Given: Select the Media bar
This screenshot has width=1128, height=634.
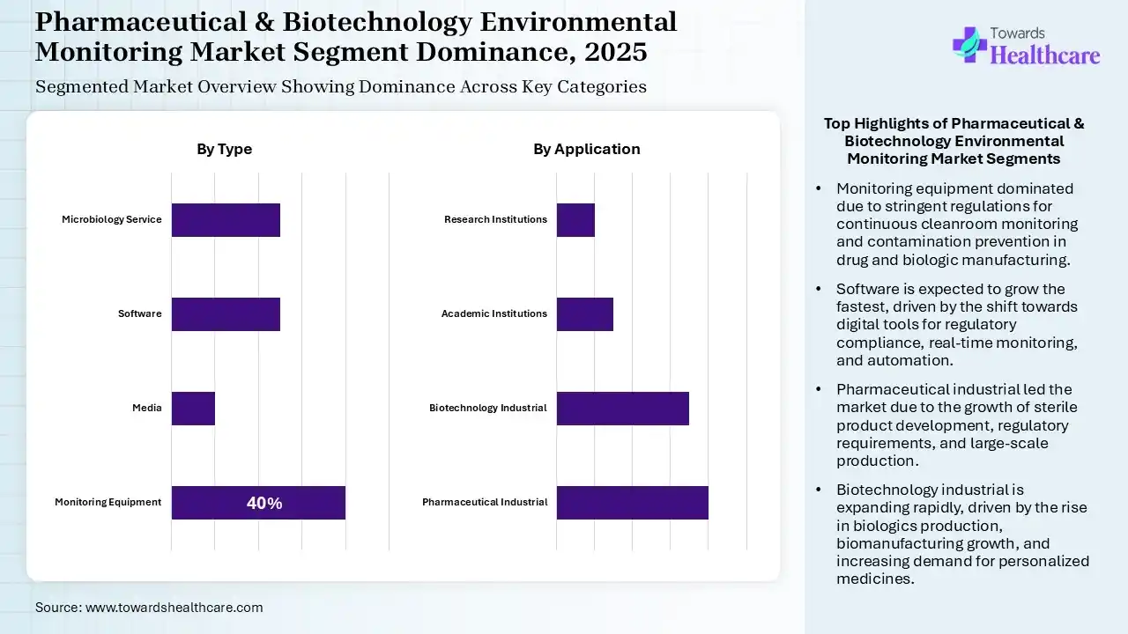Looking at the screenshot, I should [x=193, y=408].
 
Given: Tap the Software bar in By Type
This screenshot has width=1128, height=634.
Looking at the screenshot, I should [x=226, y=313].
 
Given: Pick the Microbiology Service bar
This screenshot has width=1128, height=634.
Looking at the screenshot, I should [x=226, y=219].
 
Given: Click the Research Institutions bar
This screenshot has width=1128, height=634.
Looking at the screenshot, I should [x=575, y=219].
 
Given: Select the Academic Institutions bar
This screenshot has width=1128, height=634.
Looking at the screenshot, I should [x=584, y=313].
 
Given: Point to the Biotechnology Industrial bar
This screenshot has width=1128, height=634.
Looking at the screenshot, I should [x=622, y=408].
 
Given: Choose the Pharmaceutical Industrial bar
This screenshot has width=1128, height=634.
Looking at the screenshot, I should [x=632, y=502].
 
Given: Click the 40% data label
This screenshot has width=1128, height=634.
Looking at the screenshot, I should [x=264, y=503].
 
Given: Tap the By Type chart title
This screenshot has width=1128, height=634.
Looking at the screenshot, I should [x=224, y=149].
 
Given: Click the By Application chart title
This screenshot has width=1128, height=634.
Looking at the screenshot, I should [x=586, y=149].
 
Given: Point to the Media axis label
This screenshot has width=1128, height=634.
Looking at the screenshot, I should [x=147, y=408].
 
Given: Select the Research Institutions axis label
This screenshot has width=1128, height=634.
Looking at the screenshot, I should [x=495, y=219].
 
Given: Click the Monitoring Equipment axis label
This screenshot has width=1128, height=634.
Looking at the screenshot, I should [x=108, y=502].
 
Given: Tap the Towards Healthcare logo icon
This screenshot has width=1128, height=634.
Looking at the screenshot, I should [x=968, y=45].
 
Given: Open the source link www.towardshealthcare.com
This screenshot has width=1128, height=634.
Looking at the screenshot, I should [x=174, y=607].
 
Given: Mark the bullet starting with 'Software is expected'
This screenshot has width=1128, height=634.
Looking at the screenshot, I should [x=956, y=324].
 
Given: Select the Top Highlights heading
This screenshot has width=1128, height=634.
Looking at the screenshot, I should [x=954, y=141].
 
